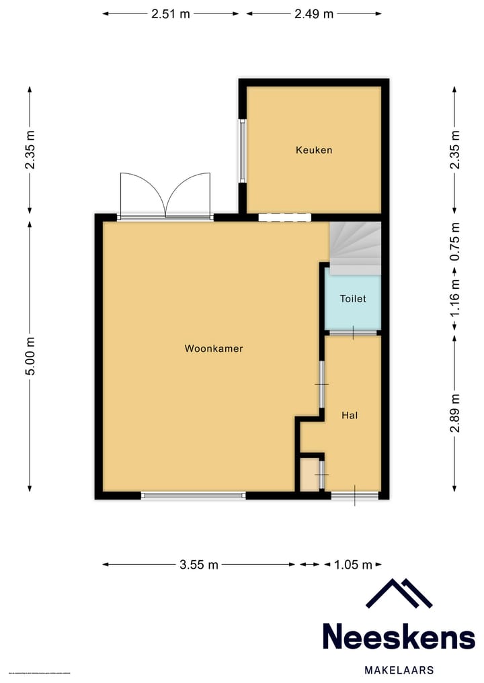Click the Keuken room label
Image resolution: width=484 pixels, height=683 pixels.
[x=314, y=150]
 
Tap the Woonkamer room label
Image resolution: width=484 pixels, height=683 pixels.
[x=214, y=349]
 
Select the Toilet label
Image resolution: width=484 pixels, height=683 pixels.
[x=353, y=299]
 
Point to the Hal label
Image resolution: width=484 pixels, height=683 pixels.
[x=350, y=416]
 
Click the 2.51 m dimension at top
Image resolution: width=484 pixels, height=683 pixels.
[x=170, y=13]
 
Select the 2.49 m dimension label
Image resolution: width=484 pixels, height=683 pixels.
[x=314, y=13]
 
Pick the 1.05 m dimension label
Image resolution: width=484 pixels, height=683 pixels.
[x=353, y=565]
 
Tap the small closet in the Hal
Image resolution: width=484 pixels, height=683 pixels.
[x=309, y=474]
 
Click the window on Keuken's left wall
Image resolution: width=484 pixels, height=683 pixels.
[x=242, y=150]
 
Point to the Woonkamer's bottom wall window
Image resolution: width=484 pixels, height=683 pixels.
[x=194, y=496]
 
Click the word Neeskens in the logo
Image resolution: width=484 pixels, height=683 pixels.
[x=399, y=636]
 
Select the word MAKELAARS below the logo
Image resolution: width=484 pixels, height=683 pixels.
[x=399, y=670]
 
